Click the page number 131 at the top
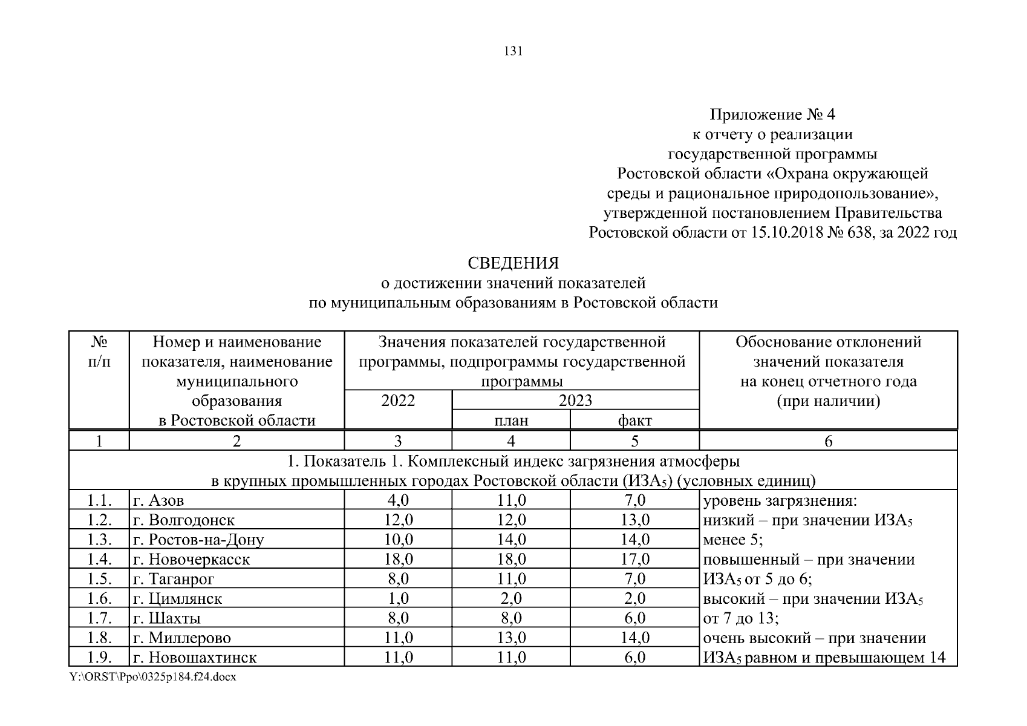513,51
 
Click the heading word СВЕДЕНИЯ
513,263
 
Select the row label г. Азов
158,501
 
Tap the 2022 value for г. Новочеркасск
399,559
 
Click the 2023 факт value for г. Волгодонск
634,520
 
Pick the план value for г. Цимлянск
511,598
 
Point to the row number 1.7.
99,618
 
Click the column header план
511,420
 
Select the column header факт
634,420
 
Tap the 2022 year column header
398,401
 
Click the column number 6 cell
828,441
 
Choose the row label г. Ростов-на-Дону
198,540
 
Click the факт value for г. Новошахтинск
634,657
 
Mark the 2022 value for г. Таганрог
399,578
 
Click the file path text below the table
152,677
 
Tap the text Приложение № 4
772,114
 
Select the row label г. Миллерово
182,638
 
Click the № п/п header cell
99,352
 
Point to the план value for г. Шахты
511,618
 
